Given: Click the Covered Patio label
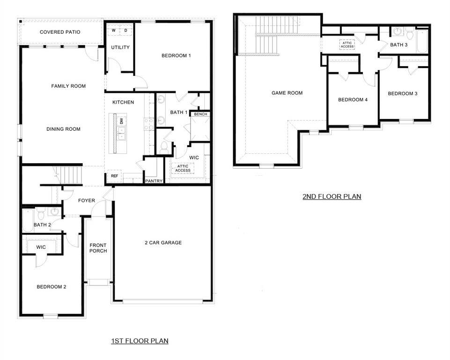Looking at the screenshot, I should click(x=60, y=32).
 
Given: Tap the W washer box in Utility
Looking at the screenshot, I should click(x=114, y=31).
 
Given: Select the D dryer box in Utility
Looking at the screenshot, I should click(x=125, y=31).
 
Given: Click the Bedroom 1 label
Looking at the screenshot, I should click(x=176, y=56).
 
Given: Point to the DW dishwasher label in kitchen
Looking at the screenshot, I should click(x=121, y=121).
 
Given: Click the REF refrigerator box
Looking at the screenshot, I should click(x=114, y=176).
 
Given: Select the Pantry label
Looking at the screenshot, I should click(x=154, y=180).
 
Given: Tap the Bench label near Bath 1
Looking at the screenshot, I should click(x=200, y=114).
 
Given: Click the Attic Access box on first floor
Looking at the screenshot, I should click(x=183, y=168).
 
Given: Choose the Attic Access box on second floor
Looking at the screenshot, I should click(x=347, y=45).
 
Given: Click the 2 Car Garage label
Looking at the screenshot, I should click(x=163, y=243).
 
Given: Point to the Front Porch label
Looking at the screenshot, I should click(x=98, y=248).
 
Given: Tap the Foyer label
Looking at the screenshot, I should click(x=86, y=201).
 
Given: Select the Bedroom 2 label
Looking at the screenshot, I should click(x=52, y=287).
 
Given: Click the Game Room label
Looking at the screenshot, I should click(x=287, y=93).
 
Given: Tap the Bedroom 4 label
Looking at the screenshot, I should click(x=353, y=100).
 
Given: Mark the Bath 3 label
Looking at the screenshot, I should click(x=399, y=45).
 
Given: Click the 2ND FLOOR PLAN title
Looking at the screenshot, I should click(x=332, y=196).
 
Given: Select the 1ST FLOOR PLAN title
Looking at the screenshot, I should click(x=140, y=341).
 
